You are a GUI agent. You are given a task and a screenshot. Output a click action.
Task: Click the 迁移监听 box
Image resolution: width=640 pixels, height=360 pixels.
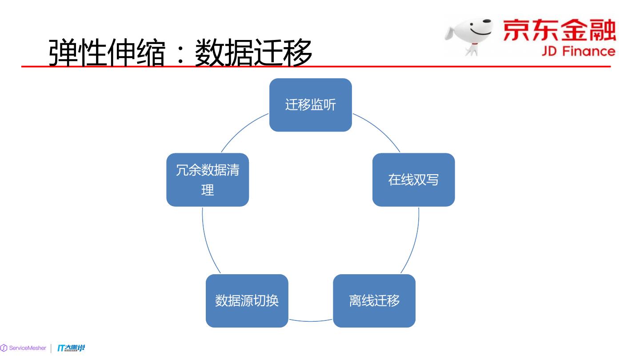[x=310, y=105]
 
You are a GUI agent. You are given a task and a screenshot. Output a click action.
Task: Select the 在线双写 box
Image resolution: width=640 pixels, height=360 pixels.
[x=413, y=180]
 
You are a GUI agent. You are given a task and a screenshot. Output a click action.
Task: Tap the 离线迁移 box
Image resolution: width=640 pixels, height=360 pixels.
[x=374, y=301]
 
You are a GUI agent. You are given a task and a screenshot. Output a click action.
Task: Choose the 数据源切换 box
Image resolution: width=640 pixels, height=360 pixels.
[x=247, y=301]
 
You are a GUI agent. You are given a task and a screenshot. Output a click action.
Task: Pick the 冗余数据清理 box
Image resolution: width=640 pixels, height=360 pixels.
[x=208, y=180]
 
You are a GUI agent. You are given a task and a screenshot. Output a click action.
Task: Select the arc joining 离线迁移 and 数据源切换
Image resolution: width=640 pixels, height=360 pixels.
[x=311, y=321]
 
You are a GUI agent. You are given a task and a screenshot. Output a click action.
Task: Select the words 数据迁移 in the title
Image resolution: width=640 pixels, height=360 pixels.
[x=253, y=53]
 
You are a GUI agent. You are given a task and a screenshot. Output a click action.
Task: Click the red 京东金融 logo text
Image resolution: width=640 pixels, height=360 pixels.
[x=560, y=30]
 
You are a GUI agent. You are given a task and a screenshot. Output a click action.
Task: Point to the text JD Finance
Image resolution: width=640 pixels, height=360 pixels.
[x=578, y=51]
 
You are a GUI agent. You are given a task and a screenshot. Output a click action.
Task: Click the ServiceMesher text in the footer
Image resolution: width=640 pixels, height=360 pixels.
[x=28, y=348]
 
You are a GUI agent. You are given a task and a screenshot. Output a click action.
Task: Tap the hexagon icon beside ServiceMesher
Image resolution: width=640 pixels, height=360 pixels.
[x=4, y=348]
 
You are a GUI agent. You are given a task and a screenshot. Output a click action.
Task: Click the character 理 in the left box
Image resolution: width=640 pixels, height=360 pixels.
[x=208, y=190]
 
